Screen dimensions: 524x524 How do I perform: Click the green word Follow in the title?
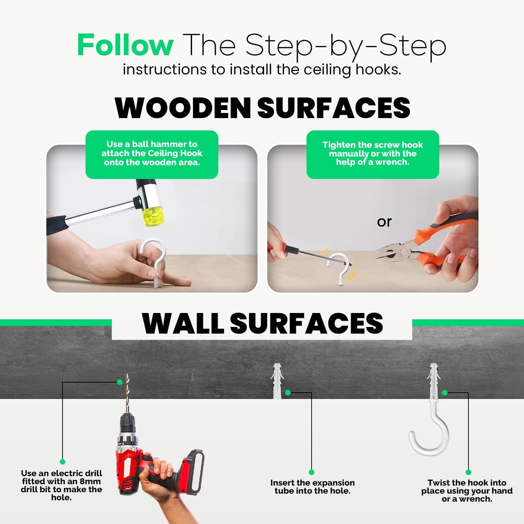click(x=125, y=45)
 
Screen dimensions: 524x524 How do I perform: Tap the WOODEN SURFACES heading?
click(x=262, y=108)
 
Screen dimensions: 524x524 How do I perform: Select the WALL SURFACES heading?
click(x=262, y=323)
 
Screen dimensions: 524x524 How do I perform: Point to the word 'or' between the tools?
click(x=384, y=222)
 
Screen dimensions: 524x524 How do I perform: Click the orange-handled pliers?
click(x=430, y=245)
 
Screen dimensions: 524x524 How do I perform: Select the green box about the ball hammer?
click(x=152, y=154)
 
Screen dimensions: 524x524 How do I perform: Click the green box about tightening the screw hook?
click(x=373, y=154)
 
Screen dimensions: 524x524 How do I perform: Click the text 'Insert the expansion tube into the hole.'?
click(x=312, y=487)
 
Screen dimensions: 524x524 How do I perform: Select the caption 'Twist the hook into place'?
click(x=467, y=487)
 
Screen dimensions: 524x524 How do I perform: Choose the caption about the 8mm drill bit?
click(x=61, y=485)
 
